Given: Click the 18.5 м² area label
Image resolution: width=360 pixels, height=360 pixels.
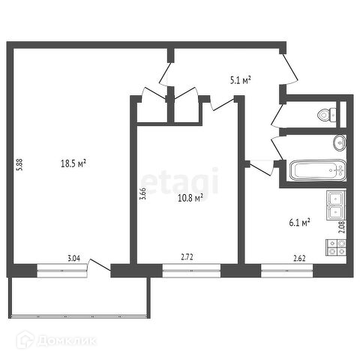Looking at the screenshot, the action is tap(73, 163).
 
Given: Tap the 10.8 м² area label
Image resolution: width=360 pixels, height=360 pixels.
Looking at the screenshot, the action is tap(190, 198).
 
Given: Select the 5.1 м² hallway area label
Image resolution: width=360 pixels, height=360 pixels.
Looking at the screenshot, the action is tap(240, 80).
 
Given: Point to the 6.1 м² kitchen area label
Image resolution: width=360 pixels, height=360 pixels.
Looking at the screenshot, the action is tap(300, 223).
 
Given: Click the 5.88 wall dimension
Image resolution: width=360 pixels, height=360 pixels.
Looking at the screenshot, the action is tap(19, 165).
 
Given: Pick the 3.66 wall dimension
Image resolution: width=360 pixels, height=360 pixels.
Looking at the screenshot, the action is tap(142, 193).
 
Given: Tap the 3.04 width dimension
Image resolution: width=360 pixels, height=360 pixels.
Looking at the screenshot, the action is tap(74, 258).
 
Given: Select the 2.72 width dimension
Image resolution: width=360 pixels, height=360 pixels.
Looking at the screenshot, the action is tap(187, 257).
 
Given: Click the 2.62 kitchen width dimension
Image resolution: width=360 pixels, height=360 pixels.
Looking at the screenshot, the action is tap(299, 258).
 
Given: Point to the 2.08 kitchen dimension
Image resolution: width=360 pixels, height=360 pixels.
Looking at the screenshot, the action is tap(342, 227).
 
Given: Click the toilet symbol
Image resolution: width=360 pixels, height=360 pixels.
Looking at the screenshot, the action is tap(327, 115).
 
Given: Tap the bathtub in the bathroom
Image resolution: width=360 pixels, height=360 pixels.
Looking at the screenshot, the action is tap(318, 170).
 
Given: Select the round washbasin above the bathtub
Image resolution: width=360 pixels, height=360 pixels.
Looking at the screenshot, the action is tap(340, 142).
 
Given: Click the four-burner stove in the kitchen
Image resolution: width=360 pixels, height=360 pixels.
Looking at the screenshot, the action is tap(336, 247).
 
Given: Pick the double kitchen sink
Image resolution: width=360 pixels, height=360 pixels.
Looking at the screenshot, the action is tap(336, 205).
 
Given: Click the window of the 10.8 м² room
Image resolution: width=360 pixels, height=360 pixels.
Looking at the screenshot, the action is tap(191, 271).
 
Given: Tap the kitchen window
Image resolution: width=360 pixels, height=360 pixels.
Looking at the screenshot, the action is tap(287, 271).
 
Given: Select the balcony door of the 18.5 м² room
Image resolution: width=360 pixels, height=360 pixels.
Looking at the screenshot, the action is tap(99, 268).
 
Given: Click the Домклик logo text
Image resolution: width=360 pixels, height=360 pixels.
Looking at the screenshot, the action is tap(67, 340).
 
